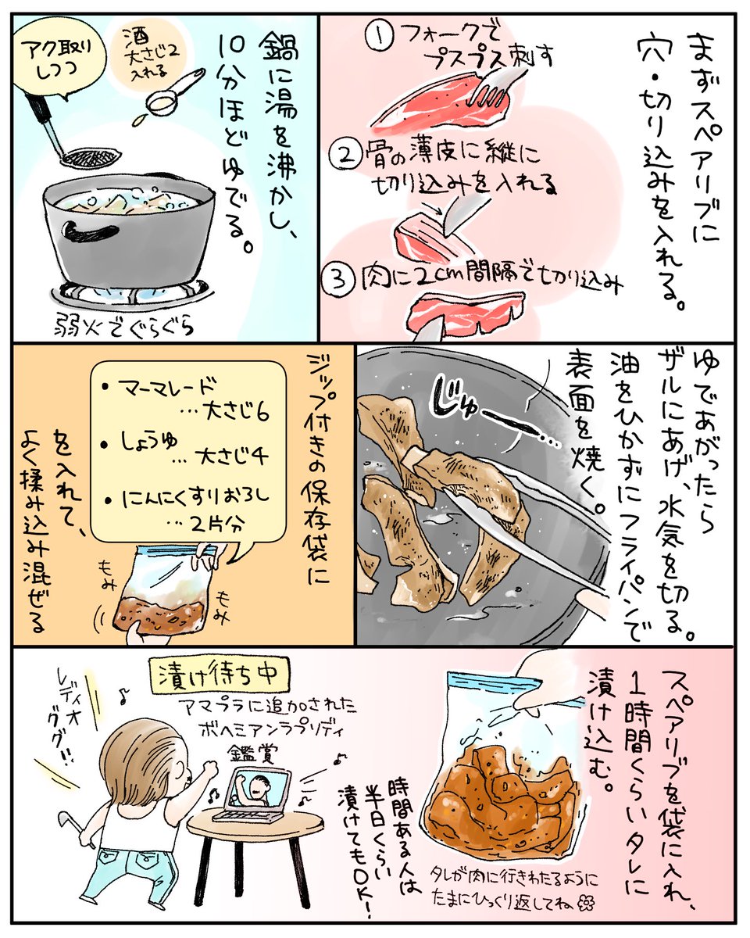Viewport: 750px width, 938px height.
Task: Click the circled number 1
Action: tap(379, 37)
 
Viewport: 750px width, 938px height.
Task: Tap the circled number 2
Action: tap(346, 156)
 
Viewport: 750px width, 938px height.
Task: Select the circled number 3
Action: tap(337, 279)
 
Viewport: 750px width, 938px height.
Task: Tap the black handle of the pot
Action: tap(89, 233)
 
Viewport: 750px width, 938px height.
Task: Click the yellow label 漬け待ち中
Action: tap(218, 675)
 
